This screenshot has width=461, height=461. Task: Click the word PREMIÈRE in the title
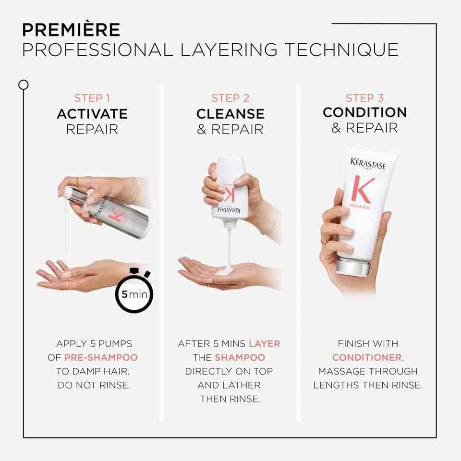click(x=71, y=30)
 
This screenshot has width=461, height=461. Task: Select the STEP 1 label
click(x=92, y=98)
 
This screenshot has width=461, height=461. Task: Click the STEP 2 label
click(x=230, y=98)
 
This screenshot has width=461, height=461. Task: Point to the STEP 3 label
click(x=364, y=98)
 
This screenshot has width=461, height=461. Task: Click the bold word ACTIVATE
click(x=92, y=114)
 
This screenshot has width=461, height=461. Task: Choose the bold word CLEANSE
click(x=230, y=114)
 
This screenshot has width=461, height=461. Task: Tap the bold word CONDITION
click(x=364, y=112)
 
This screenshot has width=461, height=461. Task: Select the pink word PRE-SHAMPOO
click(x=101, y=357)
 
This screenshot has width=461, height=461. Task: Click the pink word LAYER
click(x=264, y=344)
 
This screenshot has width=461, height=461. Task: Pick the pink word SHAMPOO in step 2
click(x=240, y=357)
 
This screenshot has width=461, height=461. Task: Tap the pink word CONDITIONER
click(x=367, y=357)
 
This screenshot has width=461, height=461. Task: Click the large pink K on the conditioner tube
click(x=363, y=189)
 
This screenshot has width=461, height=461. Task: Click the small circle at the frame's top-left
click(x=23, y=85)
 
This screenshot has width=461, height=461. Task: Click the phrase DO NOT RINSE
click(x=94, y=385)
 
